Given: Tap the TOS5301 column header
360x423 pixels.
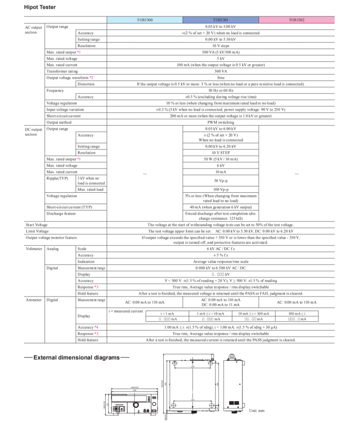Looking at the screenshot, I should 220,20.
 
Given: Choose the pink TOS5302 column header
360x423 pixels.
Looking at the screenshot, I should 297,20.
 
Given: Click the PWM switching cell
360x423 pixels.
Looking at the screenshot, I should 220,122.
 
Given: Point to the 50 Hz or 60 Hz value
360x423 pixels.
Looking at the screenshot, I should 220,90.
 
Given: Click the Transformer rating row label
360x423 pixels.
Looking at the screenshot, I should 62,71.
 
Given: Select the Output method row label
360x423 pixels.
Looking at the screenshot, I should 59,122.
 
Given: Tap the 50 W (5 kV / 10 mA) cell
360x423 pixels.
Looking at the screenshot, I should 220,159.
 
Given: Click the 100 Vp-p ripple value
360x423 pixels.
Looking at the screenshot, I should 220,189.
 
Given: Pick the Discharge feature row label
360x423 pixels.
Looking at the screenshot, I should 61,213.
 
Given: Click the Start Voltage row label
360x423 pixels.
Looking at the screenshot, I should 37,225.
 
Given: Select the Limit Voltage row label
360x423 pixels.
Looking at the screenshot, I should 37,231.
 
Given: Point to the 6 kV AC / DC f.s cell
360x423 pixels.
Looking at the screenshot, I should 220,249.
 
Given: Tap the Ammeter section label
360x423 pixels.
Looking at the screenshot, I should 33,300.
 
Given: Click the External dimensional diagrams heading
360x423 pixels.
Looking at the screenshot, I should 77,357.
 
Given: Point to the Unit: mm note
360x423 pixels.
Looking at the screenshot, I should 256,411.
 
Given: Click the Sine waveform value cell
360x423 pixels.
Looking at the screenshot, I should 220,78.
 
